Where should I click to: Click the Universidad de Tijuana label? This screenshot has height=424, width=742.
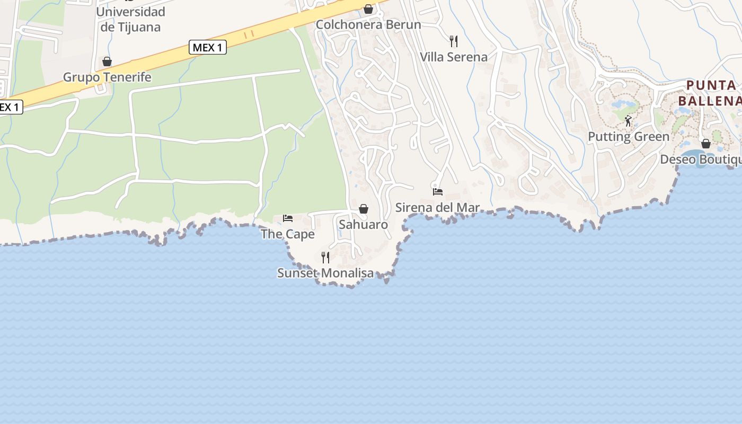point(131,19)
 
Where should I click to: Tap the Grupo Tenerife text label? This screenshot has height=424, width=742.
point(107,77)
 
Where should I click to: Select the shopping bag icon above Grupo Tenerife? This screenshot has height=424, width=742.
point(107,61)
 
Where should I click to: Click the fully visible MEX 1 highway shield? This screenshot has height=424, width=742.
point(208,48)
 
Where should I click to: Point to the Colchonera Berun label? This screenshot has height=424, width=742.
point(368,25)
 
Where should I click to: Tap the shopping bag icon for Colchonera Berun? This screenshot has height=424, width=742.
point(368,9)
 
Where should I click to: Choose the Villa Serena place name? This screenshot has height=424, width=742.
point(454,57)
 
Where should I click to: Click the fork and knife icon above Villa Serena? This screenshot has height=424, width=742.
point(454,41)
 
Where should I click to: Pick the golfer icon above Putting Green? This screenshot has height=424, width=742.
point(628,121)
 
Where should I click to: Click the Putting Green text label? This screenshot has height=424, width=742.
point(629,137)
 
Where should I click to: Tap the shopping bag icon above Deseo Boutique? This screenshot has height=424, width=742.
point(706,143)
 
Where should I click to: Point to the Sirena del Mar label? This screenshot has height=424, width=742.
point(438,208)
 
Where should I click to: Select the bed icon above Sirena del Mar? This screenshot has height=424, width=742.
point(438,192)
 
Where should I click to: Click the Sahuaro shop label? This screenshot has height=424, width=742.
point(364,225)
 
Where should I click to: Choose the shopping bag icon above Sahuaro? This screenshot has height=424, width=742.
point(364,209)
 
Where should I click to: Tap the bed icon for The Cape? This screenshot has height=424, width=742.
point(288,218)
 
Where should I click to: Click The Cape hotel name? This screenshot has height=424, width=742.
point(288,234)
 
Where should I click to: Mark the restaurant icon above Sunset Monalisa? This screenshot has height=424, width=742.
point(325,258)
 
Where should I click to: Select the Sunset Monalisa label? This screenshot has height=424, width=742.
point(325,273)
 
